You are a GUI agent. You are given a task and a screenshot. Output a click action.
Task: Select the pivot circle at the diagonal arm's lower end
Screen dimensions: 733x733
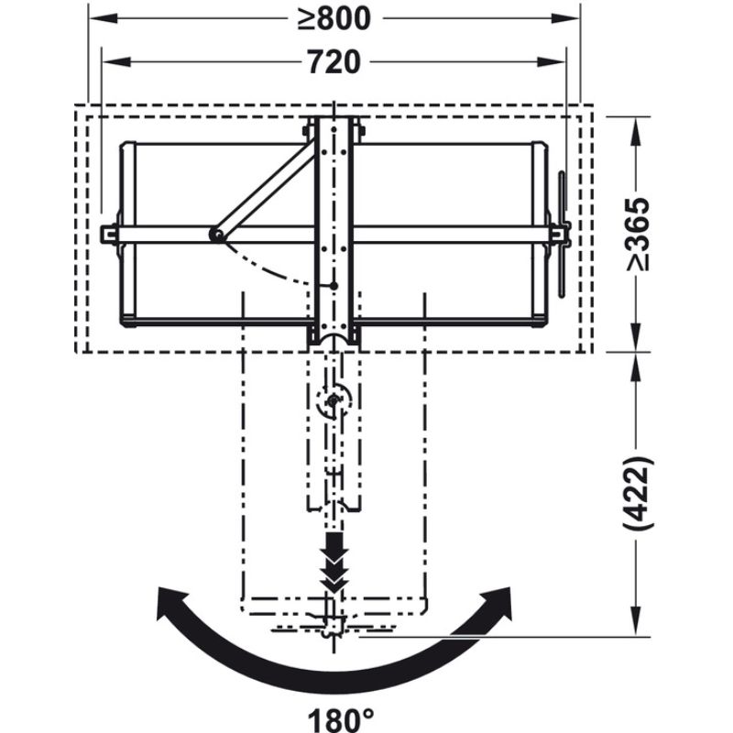(x=216, y=235)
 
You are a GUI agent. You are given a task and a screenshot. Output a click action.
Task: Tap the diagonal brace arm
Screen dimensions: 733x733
(x=261, y=189)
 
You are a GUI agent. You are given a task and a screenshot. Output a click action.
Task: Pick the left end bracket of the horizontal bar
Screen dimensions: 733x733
(x=110, y=235)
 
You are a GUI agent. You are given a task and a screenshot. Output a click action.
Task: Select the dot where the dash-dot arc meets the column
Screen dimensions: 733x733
(x=335, y=285)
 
